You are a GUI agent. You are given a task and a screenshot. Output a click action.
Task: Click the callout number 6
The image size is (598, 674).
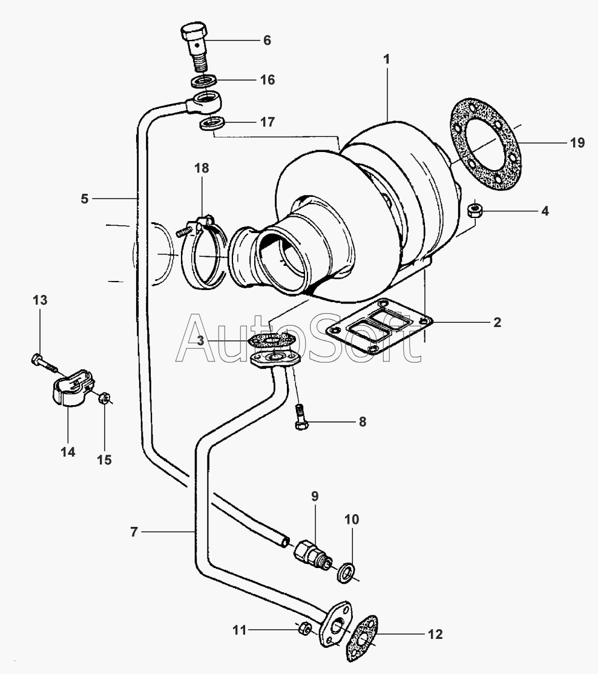(x=267, y=41)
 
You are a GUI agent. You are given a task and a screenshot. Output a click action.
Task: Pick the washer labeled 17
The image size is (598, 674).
(x=212, y=124)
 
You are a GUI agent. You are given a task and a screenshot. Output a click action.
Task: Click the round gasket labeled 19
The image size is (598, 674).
(x=486, y=144)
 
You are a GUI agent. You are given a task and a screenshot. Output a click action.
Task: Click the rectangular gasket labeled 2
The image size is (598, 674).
(x=379, y=326)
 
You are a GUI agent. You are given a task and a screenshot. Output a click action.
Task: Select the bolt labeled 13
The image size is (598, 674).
(x=44, y=363)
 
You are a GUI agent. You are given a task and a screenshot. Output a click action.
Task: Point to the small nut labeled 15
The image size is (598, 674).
(x=103, y=398)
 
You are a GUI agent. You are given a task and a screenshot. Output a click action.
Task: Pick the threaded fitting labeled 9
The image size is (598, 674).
(x=313, y=555)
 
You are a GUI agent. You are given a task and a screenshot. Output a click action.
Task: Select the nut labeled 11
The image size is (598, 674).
(x=304, y=629)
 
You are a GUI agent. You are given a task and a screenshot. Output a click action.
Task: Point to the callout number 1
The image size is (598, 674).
(x=387, y=59)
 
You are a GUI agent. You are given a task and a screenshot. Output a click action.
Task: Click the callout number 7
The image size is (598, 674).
(x=134, y=532)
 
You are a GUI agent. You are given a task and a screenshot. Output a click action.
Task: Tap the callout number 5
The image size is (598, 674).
(x=85, y=199)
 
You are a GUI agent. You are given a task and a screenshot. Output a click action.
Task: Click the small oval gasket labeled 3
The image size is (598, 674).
(x=272, y=340)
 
